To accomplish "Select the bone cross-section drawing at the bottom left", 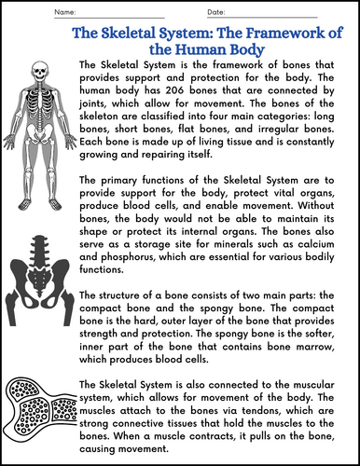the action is pos(38,410).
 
